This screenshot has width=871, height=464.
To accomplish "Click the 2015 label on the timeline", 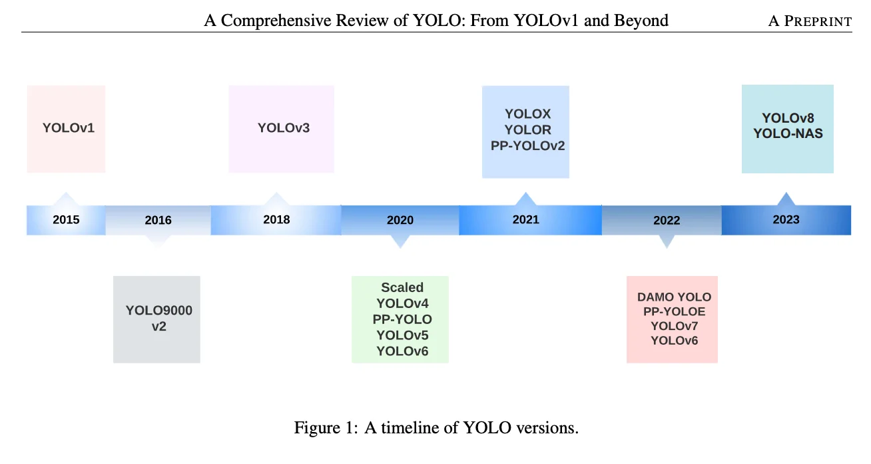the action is click(x=66, y=219).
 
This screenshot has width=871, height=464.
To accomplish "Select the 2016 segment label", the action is click(x=158, y=220).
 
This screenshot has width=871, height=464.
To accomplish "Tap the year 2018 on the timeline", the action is click(x=276, y=219).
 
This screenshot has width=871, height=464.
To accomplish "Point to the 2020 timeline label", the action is click(x=400, y=220).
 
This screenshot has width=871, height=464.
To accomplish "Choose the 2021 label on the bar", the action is click(x=525, y=219).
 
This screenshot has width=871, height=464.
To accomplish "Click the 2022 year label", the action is click(x=667, y=220).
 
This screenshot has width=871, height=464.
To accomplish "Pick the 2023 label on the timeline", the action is click(x=786, y=219).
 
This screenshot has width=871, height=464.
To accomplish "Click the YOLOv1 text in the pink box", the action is click(x=69, y=127).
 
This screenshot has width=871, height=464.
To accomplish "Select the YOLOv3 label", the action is click(x=284, y=127).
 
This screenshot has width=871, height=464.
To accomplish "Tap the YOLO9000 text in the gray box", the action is click(x=159, y=311).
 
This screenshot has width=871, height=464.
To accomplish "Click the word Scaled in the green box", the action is click(x=402, y=287).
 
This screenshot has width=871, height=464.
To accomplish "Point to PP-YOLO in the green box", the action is click(x=402, y=319).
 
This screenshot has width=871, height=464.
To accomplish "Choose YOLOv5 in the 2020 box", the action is click(x=402, y=335).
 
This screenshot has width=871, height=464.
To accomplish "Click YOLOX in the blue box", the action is click(x=527, y=114).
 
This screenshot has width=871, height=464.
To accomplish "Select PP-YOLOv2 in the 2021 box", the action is click(x=527, y=145).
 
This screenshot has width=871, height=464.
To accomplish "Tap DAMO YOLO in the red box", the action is click(x=674, y=297).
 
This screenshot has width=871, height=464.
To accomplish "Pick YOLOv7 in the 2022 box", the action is click(x=674, y=326).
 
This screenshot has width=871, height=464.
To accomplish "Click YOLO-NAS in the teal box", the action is click(x=788, y=133).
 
